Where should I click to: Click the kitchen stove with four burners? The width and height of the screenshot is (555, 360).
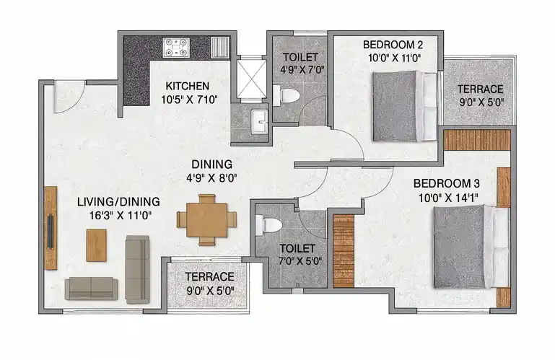(176, 48)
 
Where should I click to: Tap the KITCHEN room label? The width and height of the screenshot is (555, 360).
(188, 86)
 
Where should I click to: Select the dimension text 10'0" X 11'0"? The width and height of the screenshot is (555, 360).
(394, 58)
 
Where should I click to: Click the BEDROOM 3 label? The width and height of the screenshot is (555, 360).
(447, 183)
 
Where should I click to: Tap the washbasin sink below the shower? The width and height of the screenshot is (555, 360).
(259, 122)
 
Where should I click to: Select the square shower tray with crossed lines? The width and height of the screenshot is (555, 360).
(251, 79)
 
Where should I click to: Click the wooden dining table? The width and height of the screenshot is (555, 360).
(207, 220)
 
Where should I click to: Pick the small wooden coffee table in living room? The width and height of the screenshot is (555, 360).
(97, 245)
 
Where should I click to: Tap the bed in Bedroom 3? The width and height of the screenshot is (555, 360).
(471, 246)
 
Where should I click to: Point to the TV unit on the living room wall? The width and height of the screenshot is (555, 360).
(51, 228)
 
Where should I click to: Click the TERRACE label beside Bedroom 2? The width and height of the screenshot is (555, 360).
(481, 89)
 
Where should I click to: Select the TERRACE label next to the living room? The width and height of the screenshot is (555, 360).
(209, 277)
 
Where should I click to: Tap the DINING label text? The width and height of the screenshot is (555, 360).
(212, 164)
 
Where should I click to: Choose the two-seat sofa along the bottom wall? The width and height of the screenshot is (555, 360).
(92, 289)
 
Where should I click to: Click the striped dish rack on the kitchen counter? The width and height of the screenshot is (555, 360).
(220, 48)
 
